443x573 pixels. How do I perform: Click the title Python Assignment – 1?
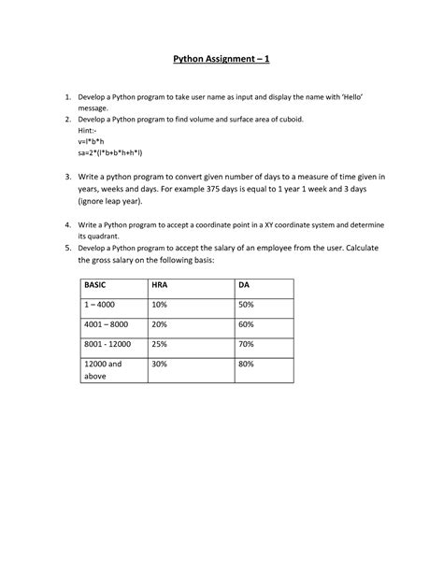[x=221, y=62]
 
